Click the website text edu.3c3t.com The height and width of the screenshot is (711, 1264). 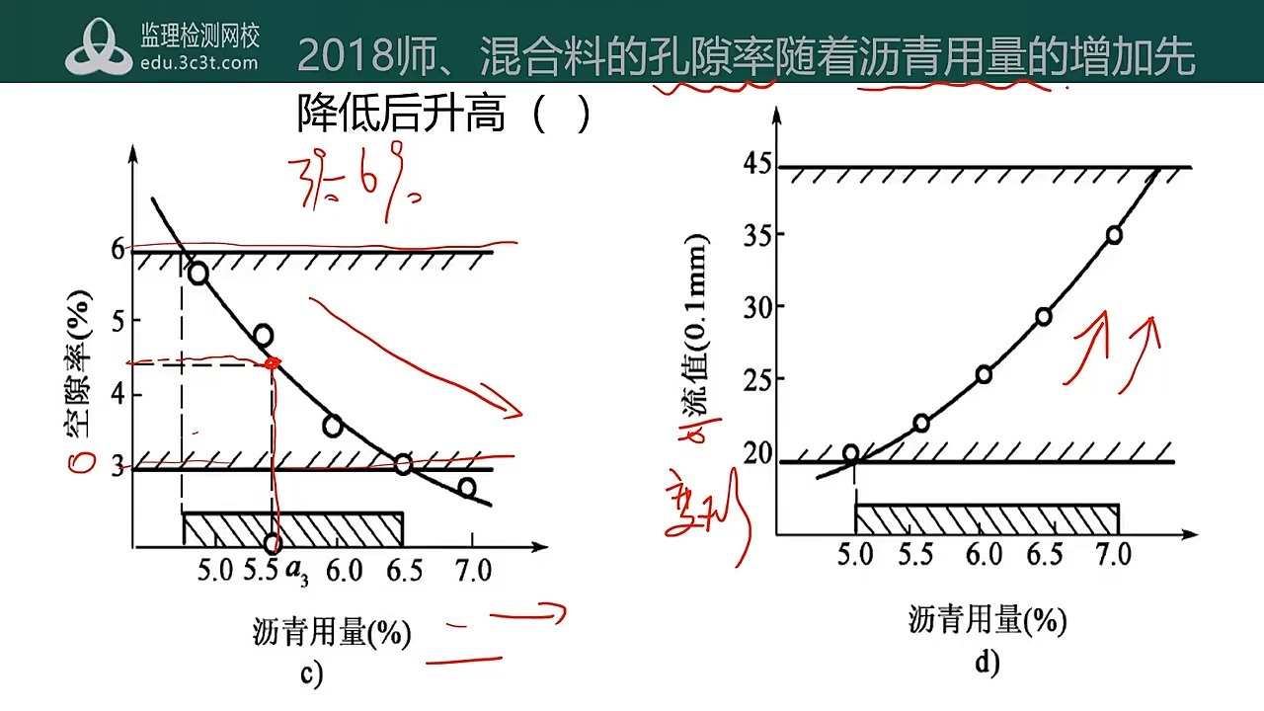click(200, 63)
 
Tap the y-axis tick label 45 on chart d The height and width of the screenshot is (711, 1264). click(758, 164)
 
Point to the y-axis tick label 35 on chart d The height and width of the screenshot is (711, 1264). click(758, 234)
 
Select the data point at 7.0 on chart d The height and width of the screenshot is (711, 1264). click(1114, 235)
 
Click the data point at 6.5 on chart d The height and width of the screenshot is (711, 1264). click(1044, 316)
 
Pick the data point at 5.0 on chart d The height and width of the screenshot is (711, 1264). click(851, 453)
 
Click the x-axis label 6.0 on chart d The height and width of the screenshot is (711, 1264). click(984, 555)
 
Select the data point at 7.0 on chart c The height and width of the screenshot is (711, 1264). click(467, 487)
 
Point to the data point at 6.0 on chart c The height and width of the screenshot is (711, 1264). click(333, 426)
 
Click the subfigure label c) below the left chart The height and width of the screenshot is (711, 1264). click(311, 674)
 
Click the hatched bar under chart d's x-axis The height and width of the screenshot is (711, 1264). click(986, 519)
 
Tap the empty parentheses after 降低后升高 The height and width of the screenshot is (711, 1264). click(561, 115)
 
